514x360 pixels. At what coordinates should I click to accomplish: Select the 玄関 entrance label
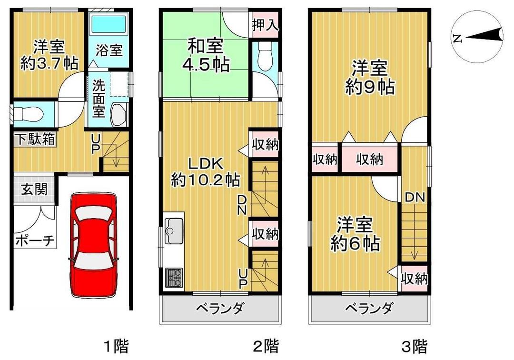click(x=34, y=190)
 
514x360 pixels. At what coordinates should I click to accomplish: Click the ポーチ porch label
click(x=34, y=240)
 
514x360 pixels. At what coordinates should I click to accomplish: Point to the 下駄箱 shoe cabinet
click(x=34, y=140)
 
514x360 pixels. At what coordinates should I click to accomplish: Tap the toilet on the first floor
click(x=29, y=114)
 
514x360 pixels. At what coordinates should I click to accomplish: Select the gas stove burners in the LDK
click(x=174, y=277)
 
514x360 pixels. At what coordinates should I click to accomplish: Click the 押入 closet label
click(x=265, y=24)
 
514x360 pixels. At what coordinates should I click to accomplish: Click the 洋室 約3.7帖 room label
click(x=49, y=55)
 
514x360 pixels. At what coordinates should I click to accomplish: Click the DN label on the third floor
click(x=415, y=197)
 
